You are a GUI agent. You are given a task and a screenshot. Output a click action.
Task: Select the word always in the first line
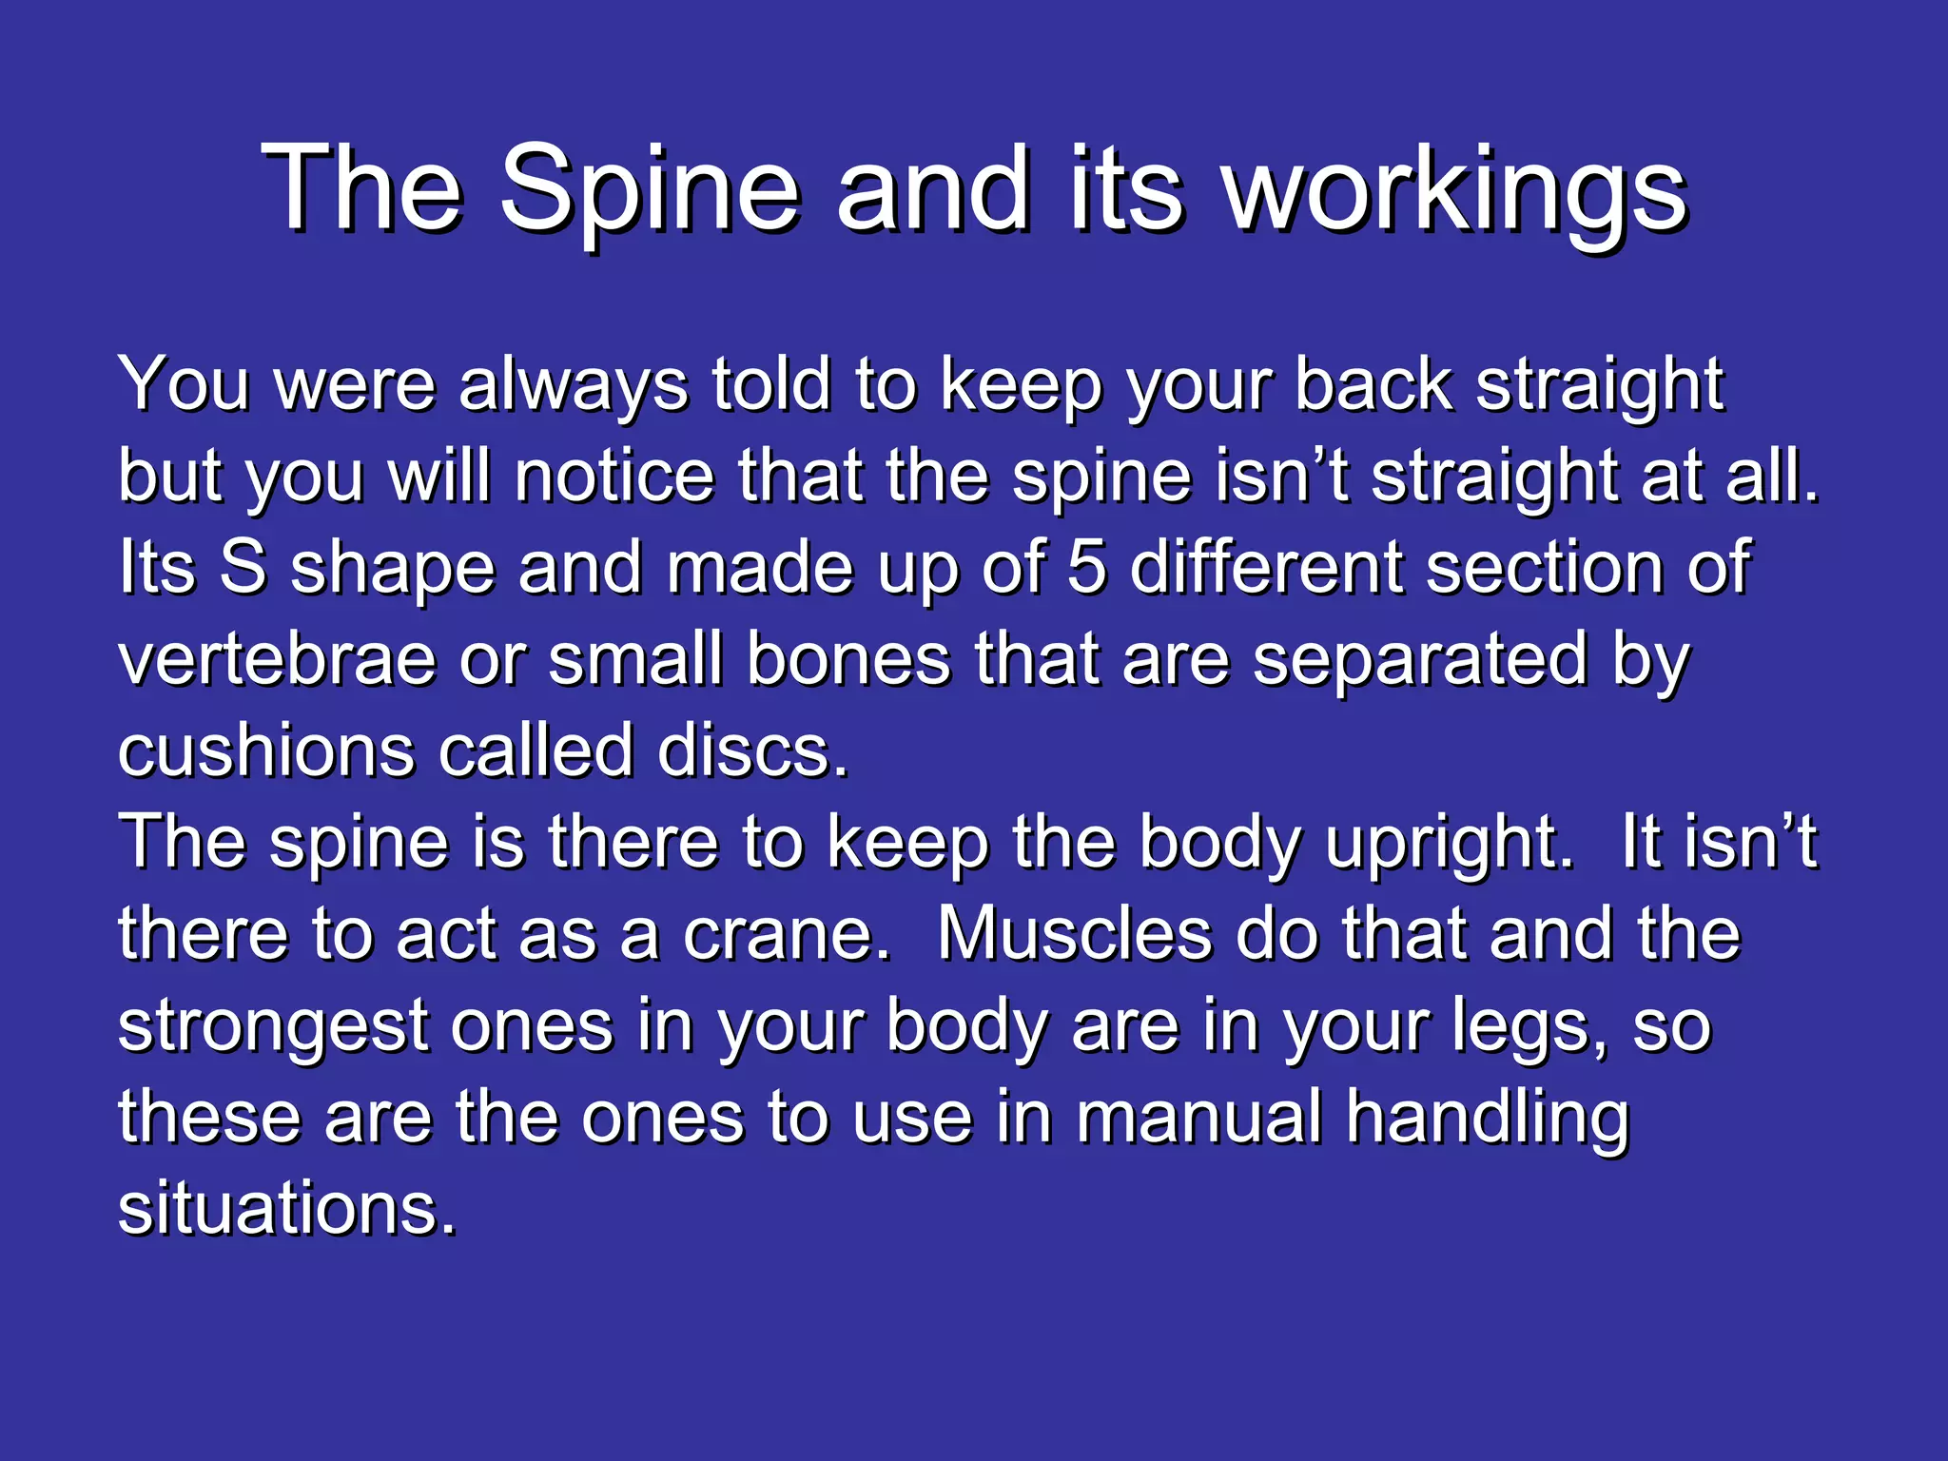(x=573, y=385)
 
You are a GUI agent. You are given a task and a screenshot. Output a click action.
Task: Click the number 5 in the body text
(x=1086, y=567)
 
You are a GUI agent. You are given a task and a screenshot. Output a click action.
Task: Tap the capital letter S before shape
(x=243, y=567)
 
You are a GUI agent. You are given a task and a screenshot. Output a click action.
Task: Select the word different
(x=1269, y=567)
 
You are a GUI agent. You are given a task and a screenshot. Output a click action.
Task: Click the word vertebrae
(x=277, y=659)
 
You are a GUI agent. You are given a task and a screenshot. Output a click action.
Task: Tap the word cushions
(x=267, y=750)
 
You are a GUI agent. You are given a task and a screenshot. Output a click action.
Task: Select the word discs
(x=751, y=750)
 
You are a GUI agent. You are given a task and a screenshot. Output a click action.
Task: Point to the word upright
(x=1450, y=843)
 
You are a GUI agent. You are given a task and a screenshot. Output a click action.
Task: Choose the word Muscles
(x=1075, y=934)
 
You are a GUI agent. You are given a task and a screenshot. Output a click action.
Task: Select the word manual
(x=1199, y=1118)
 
